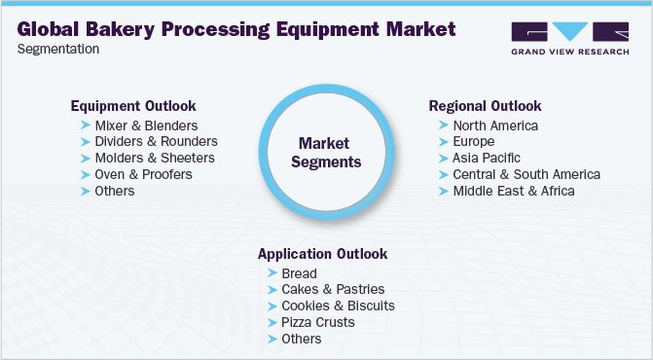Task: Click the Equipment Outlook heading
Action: pyautogui.click(x=133, y=106)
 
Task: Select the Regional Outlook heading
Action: pyautogui.click(x=486, y=106)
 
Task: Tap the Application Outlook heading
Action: pyautogui.click(x=323, y=254)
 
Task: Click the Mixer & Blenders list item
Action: pyautogui.click(x=146, y=126)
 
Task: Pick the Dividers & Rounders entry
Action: pyautogui.click(x=156, y=141)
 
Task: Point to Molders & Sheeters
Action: pyautogui.click(x=155, y=158)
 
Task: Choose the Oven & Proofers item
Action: pyautogui.click(x=144, y=174)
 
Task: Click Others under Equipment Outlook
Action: pyautogui.click(x=115, y=191)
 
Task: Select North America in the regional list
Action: pyautogui.click(x=495, y=126)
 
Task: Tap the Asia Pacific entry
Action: pyautogui.click(x=487, y=159)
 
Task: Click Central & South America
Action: pyautogui.click(x=526, y=174)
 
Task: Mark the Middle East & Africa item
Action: pyautogui.click(x=514, y=191)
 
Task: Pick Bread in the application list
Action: pyautogui.click(x=299, y=273)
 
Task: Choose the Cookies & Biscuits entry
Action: pyautogui.click(x=338, y=306)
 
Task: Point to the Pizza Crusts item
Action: pyautogui.click(x=318, y=323)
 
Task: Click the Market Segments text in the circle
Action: pyautogui.click(x=326, y=153)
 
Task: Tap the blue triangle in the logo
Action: pyautogui.click(x=569, y=31)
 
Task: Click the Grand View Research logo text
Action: pyautogui.click(x=570, y=52)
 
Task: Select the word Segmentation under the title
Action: pyautogui.click(x=58, y=49)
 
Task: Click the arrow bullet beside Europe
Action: pyautogui.click(x=444, y=142)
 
